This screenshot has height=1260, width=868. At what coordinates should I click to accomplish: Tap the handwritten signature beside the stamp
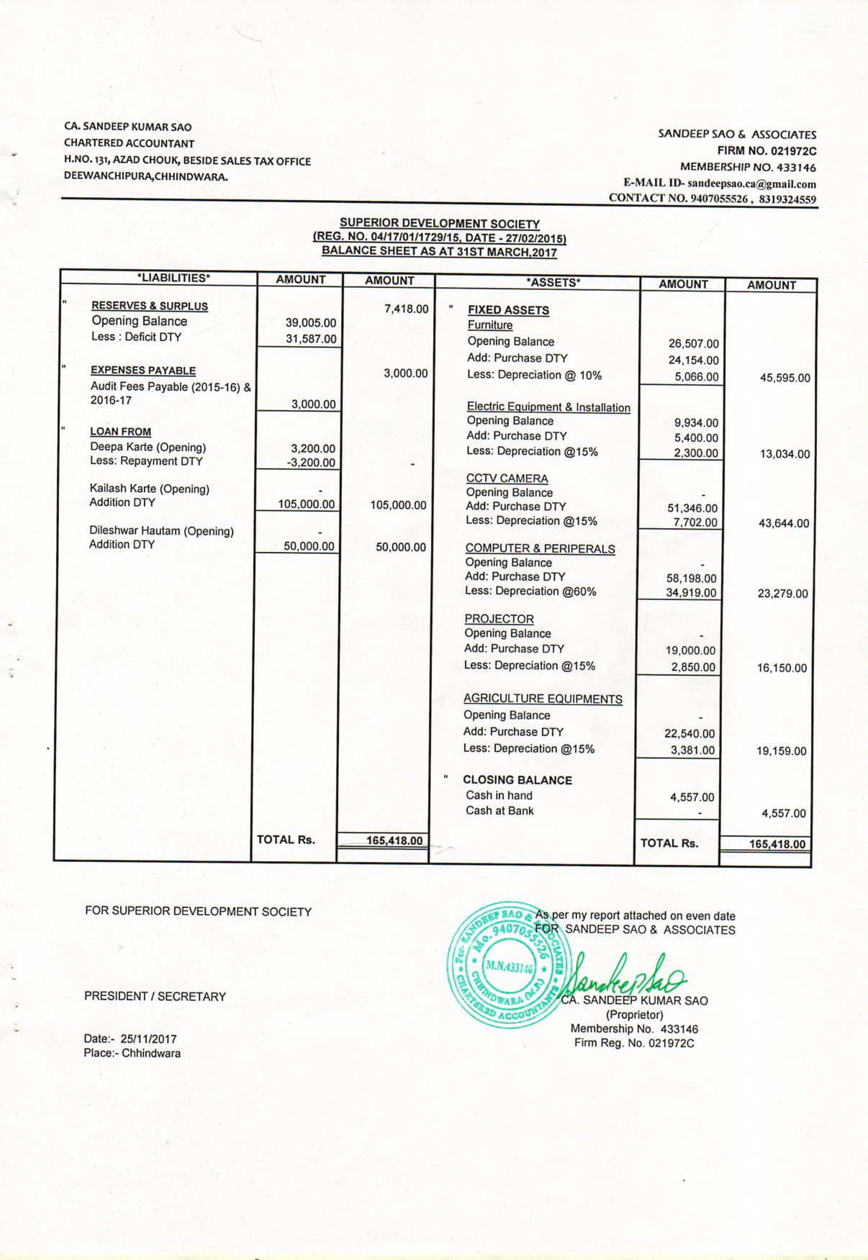[625, 975]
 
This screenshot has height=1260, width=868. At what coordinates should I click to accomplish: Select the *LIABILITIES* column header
[173, 278]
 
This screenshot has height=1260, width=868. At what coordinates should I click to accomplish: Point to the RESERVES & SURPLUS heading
[150, 306]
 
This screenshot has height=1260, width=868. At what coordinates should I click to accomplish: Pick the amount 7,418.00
[406, 309]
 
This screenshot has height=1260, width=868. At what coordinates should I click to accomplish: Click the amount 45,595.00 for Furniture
[785, 378]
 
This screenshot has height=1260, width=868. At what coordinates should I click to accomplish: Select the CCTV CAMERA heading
[507, 479]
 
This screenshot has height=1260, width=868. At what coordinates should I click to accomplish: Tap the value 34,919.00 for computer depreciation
[691, 593]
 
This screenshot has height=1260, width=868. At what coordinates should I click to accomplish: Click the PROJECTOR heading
[499, 619]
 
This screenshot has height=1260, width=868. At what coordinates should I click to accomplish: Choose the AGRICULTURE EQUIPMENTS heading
[543, 699]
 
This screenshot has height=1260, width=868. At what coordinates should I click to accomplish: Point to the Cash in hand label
[499, 795]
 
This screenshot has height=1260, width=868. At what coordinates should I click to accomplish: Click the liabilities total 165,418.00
[394, 840]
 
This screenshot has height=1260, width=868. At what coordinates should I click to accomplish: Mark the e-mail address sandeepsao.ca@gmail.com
[751, 183]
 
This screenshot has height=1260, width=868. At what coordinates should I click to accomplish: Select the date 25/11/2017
[148, 1038]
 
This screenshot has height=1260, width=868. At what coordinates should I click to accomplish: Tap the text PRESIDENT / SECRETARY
[155, 997]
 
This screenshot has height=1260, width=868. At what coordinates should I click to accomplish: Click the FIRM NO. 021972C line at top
[767, 151]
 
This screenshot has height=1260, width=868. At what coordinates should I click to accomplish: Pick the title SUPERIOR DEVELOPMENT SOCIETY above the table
[440, 224]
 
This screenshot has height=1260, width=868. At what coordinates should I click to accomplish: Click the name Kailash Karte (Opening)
[150, 489]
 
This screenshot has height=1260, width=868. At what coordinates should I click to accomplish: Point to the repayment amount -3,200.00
[311, 463]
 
